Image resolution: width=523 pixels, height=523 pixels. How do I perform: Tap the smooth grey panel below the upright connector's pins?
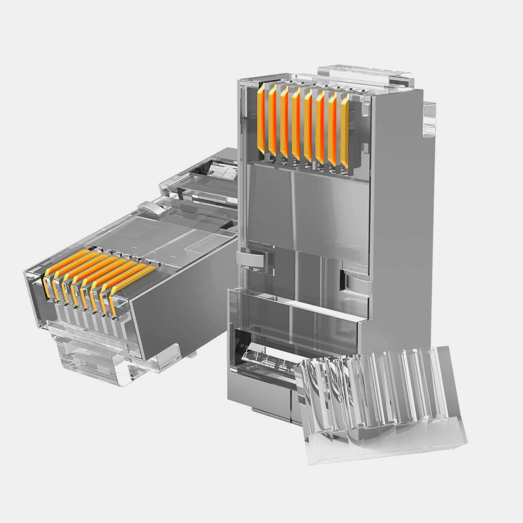click(306, 204)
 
